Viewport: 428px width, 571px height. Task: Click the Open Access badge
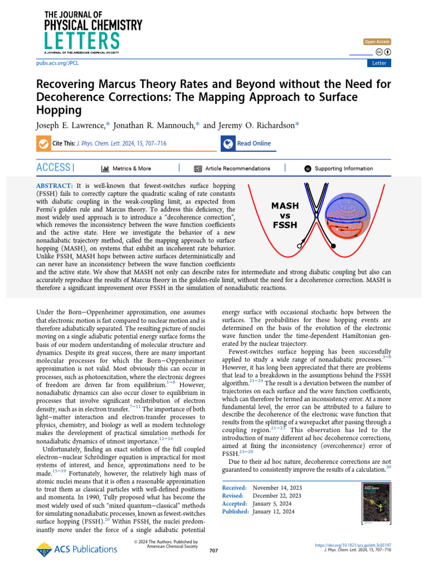(377, 42)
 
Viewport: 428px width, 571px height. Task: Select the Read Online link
(254, 143)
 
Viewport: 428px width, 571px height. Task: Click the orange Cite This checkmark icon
(42, 144)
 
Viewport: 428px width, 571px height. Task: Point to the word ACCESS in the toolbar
(53, 168)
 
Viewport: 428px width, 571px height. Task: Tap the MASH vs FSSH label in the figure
(285, 215)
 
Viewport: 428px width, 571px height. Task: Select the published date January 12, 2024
(274, 511)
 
